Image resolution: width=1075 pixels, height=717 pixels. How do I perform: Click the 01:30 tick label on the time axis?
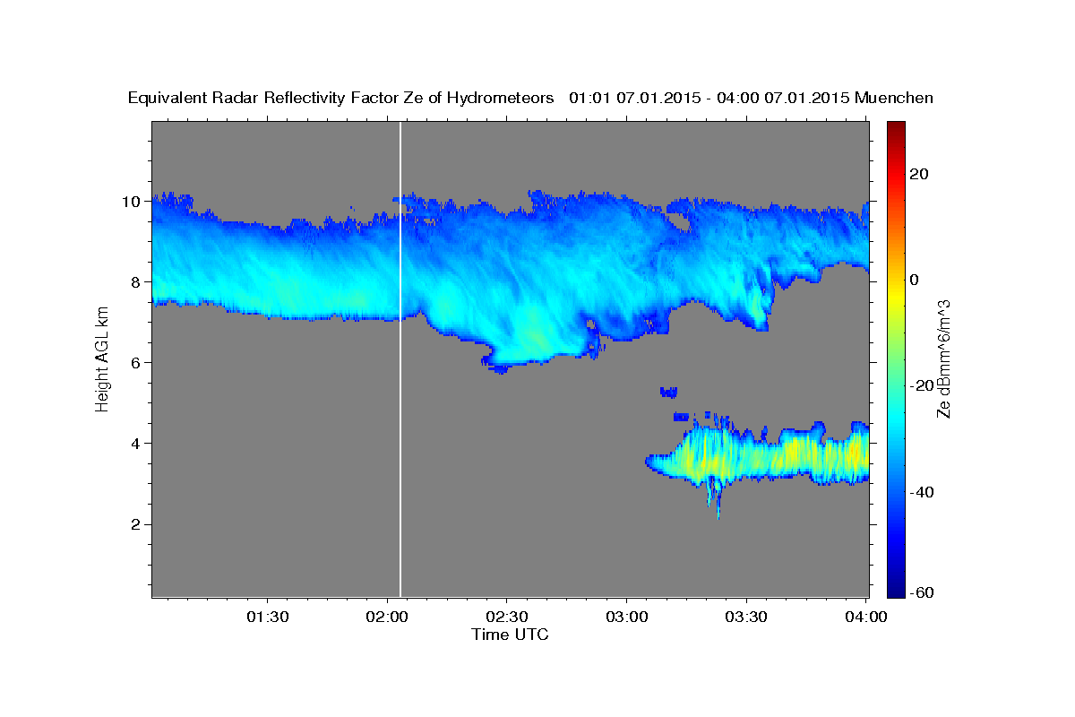267,617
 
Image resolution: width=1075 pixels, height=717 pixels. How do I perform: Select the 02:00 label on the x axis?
387,617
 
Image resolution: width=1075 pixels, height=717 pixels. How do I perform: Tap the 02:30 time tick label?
507,617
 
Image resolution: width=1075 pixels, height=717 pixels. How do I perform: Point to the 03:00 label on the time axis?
626,617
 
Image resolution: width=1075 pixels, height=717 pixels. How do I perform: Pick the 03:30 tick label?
746,617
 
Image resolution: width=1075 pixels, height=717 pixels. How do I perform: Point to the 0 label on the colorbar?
915,280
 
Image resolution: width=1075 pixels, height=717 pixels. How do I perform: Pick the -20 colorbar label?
924,385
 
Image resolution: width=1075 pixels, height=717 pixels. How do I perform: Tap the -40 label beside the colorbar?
924,491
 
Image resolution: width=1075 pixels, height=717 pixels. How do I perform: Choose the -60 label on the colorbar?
924,593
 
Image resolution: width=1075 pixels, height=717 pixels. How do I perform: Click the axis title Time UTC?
510,635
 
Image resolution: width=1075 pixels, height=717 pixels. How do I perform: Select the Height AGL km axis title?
102,358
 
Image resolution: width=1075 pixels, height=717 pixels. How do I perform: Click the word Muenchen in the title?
894,98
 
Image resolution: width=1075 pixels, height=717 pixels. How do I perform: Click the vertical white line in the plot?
400,358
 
